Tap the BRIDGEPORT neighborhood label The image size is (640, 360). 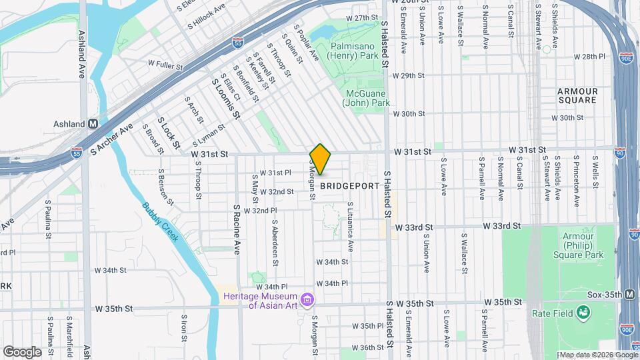click(x=349, y=186)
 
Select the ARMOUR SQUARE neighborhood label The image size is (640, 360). click(x=577, y=95)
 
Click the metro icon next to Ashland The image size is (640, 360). click(x=93, y=124)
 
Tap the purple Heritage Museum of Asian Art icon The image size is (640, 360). click(x=307, y=300)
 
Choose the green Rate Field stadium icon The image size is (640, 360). click(x=583, y=311)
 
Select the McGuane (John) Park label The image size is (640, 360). click(x=366, y=98)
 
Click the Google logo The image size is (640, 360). click(x=22, y=351)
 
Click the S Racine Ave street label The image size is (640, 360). click(x=237, y=229)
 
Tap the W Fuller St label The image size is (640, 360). click(x=165, y=64)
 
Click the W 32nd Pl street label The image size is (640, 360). click(x=260, y=211)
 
